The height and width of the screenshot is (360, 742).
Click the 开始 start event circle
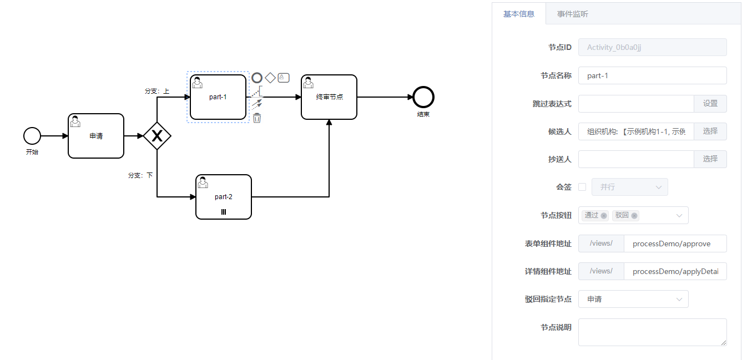point(32,135)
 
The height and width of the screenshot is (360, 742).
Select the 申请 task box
point(96,136)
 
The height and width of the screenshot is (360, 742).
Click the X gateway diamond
point(157,136)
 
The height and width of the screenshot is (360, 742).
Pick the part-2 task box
point(224,197)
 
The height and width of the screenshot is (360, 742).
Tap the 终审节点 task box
point(329,97)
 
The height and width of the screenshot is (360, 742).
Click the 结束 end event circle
point(423,97)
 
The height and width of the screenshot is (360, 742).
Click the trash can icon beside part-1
point(257,118)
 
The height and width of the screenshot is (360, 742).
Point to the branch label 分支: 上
point(157,91)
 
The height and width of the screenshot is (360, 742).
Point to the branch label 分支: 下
point(140,175)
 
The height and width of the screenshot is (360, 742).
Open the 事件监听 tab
point(573,14)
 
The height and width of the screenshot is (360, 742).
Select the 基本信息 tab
point(519,14)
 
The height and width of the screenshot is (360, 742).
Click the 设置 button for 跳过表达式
point(710,103)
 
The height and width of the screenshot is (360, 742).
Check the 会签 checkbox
point(582,187)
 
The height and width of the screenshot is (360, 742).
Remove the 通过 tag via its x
point(604,216)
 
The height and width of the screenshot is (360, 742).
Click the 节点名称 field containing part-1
point(652,75)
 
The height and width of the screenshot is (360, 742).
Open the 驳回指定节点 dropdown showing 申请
point(633,299)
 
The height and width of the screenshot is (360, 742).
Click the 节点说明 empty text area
point(652,332)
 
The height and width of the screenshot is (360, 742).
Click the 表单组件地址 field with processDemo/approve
point(675,244)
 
